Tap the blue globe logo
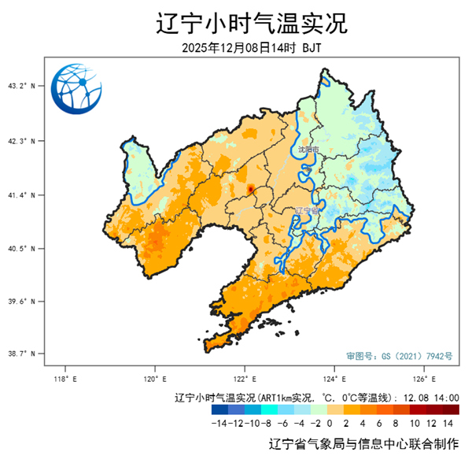coord(76,90)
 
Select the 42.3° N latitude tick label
coord(21,141)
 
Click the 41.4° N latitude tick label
coord(21,194)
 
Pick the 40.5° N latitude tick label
coord(21,248)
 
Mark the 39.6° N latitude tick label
coord(21,301)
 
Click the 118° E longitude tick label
coord(65,379)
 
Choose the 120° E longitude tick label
coord(154,379)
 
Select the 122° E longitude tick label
coord(245,379)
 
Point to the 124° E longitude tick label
coord(334,379)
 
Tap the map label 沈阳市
coord(308,149)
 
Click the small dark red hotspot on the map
coord(250,189)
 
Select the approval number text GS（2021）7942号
coord(399,356)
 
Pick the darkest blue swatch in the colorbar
coord(219,409)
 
